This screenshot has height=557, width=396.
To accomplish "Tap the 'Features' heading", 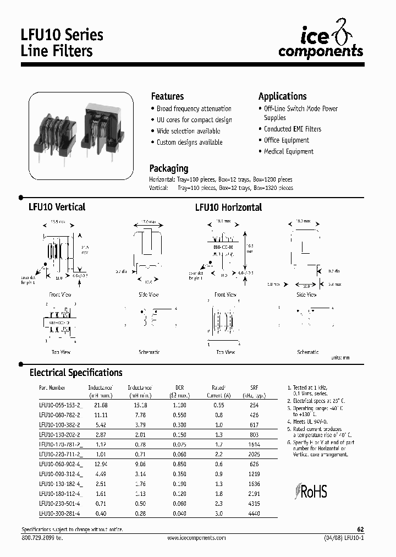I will [x=167, y=96].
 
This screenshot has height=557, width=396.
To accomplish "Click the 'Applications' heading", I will [x=282, y=96].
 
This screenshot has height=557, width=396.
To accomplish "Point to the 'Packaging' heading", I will [x=169, y=168].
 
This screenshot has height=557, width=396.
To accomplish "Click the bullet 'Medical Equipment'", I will [x=288, y=151].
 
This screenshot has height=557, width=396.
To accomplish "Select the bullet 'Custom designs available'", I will [x=189, y=143].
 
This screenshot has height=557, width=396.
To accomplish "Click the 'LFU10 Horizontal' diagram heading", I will [x=228, y=207].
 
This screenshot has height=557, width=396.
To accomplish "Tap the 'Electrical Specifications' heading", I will [x=76, y=373].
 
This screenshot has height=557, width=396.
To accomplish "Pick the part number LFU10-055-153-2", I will [x=60, y=405].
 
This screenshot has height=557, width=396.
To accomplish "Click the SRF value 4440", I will [x=254, y=514].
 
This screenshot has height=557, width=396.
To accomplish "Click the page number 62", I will [x=361, y=528].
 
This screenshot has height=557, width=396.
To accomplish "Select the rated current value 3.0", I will [x=218, y=514].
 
